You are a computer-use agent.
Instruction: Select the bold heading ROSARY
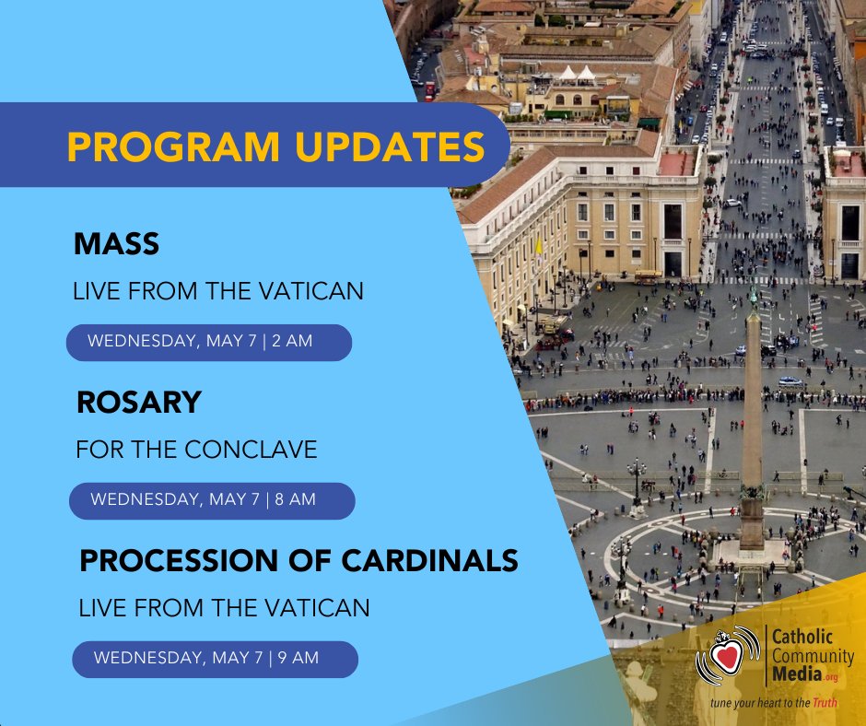pyautogui.click(x=138, y=403)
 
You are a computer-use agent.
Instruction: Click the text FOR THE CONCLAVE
pyautogui.click(x=197, y=450)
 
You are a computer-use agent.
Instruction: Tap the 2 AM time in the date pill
pyautogui.click(x=294, y=342)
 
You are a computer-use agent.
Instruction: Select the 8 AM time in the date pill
pyautogui.click(x=297, y=500)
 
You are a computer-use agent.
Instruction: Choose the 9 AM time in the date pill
pyautogui.click(x=300, y=659)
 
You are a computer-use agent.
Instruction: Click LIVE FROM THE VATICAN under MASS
pyautogui.click(x=218, y=291)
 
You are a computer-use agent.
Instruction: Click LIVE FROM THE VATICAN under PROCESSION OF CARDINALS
pyautogui.click(x=224, y=608)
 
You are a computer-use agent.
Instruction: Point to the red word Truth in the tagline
pyautogui.click(x=822, y=704)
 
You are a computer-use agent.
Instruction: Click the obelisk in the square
pyautogui.click(x=753, y=415)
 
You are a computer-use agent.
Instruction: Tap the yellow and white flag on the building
pyautogui.click(x=539, y=249)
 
